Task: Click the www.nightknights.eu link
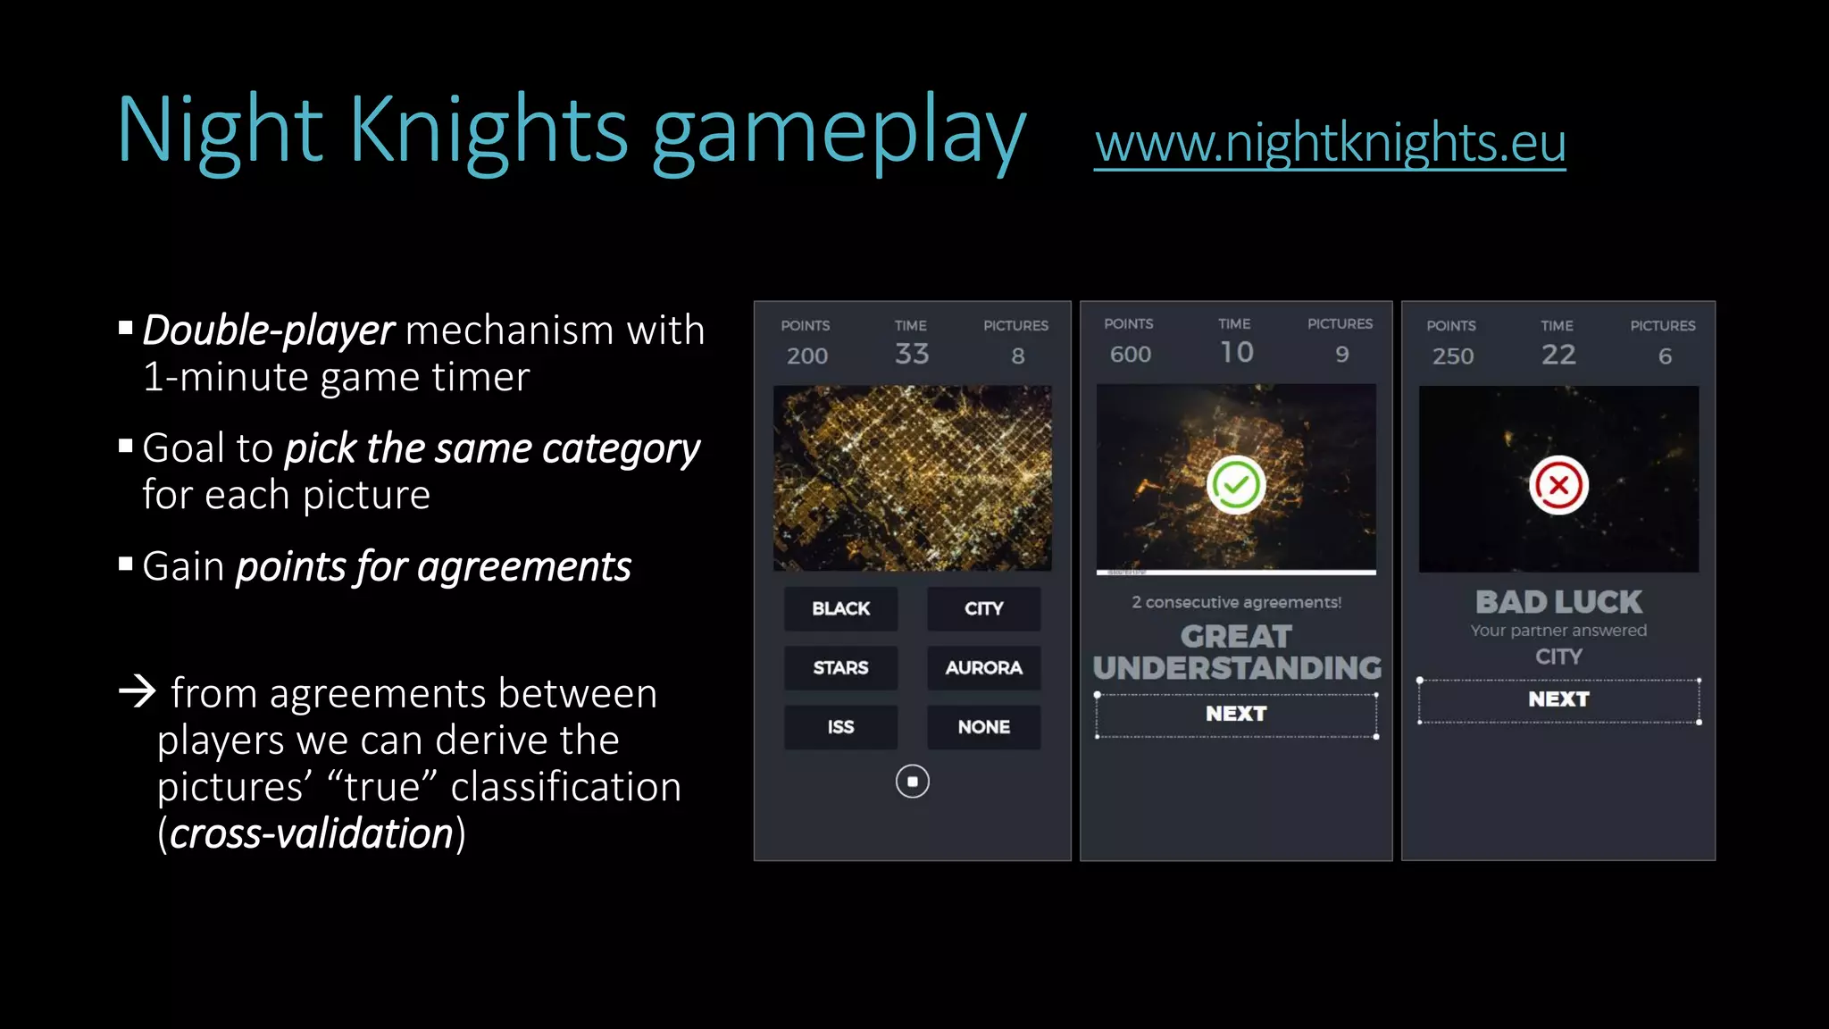click(x=1330, y=143)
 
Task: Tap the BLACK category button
click(x=840, y=608)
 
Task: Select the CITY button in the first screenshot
click(x=983, y=608)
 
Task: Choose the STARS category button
click(x=840, y=667)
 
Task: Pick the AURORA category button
click(x=983, y=667)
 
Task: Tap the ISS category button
click(x=840, y=727)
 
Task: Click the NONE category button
click(x=983, y=727)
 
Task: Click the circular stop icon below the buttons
click(x=912, y=782)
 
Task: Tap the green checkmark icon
click(x=1236, y=485)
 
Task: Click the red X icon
click(x=1558, y=485)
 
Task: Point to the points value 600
click(x=1130, y=355)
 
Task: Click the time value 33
click(x=912, y=354)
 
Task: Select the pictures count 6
click(x=1665, y=356)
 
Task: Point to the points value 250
click(x=1452, y=356)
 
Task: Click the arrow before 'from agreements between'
click(x=138, y=691)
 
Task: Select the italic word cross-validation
click(x=312, y=833)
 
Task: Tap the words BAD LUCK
click(x=1558, y=602)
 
